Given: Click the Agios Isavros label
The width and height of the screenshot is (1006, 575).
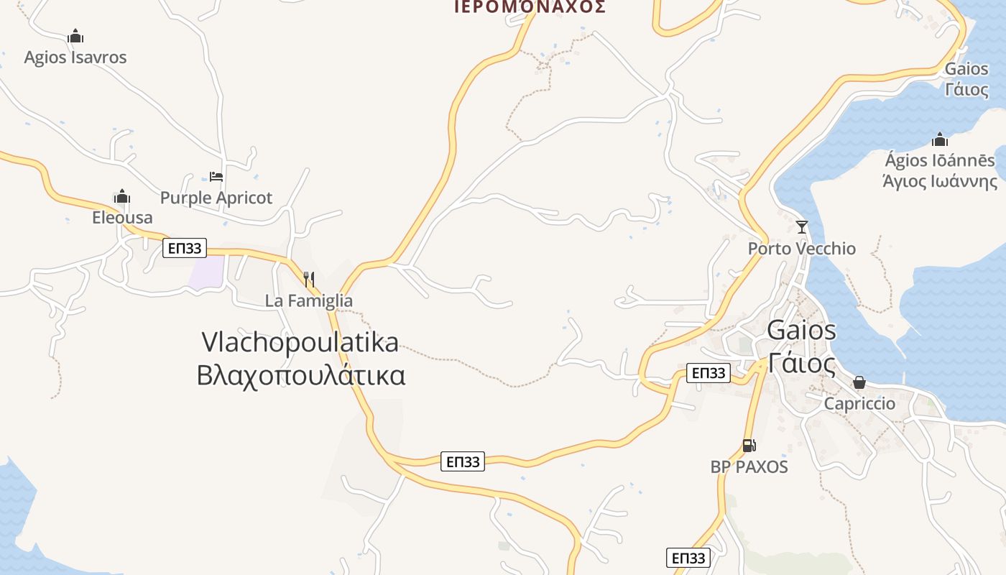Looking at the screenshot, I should [x=75, y=57].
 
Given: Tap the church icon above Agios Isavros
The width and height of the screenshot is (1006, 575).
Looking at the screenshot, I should [x=75, y=36].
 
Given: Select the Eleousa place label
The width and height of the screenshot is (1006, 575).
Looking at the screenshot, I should [x=122, y=217].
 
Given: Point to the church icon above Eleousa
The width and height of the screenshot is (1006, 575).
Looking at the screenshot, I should [x=122, y=196].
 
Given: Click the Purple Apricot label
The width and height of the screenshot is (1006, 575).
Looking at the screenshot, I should [x=216, y=198].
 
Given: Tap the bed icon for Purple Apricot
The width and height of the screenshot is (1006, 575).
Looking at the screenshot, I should [x=216, y=176].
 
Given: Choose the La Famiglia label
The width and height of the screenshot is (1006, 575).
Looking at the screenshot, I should [x=309, y=300].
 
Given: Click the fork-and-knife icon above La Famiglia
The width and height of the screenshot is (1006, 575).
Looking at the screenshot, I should [x=309, y=279].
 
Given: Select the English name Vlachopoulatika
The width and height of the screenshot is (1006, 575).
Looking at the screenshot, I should [x=300, y=342].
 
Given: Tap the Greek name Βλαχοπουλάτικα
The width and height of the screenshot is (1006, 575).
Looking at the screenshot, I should [x=301, y=375].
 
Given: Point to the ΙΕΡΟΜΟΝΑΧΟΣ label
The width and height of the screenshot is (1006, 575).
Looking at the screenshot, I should [x=530, y=7].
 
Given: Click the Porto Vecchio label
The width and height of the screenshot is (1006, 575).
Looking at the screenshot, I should [x=802, y=249].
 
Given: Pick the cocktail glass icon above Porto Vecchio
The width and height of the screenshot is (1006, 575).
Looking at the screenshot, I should [x=802, y=227].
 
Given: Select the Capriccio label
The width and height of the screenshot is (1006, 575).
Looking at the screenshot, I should [x=859, y=403].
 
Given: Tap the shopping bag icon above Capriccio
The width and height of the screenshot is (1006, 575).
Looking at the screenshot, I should [x=859, y=382].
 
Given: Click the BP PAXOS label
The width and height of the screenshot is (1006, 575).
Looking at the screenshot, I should [x=749, y=466].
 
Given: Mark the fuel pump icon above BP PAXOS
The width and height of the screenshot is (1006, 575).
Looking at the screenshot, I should [x=749, y=446].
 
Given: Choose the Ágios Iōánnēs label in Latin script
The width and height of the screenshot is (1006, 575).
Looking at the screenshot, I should [x=940, y=160].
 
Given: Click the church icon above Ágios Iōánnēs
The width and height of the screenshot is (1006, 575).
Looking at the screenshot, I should [x=940, y=139].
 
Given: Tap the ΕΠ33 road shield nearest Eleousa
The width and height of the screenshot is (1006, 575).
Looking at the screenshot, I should [x=185, y=249].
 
